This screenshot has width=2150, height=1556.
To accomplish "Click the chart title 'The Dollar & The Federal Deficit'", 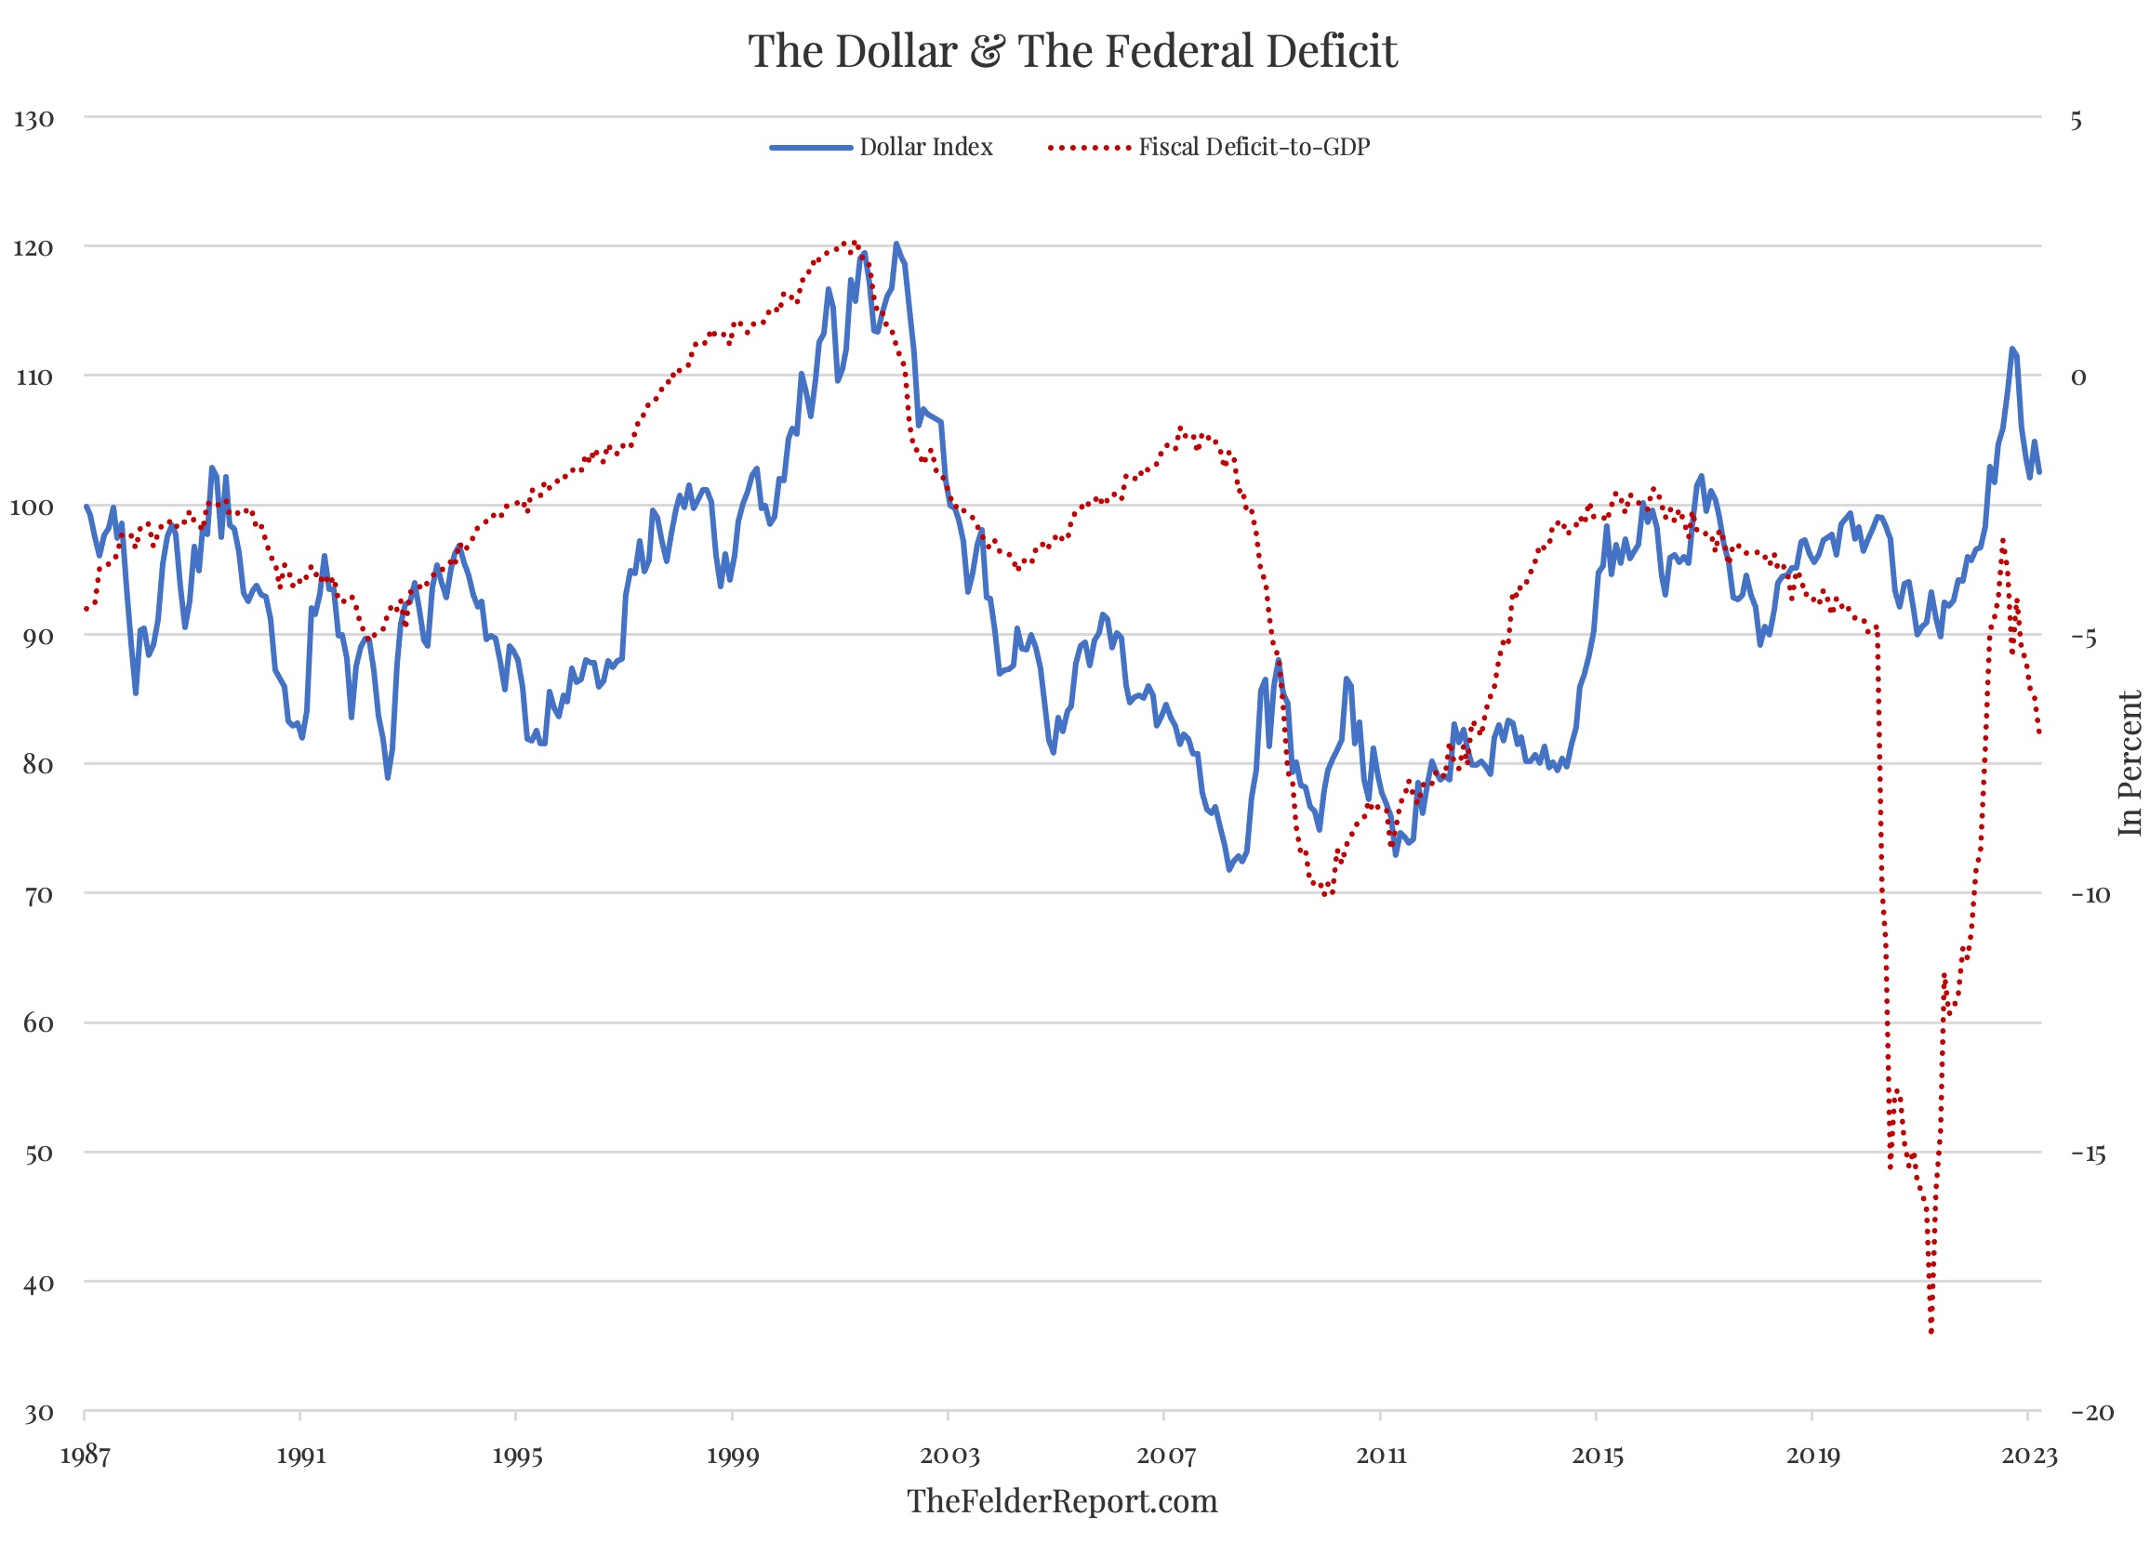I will click(1072, 50).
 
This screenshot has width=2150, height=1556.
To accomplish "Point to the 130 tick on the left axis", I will click(34, 119).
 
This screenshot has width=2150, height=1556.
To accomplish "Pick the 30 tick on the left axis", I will click(38, 1414).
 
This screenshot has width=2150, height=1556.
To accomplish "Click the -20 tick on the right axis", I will click(2090, 1413).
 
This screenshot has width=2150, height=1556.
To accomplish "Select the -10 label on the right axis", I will click(2090, 894).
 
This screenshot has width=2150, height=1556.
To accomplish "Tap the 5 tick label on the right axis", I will click(2076, 120).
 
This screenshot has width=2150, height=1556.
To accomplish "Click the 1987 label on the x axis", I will click(86, 1456).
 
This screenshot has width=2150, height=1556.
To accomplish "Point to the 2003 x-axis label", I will click(949, 1456).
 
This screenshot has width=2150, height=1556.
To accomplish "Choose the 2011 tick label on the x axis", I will click(1381, 1456).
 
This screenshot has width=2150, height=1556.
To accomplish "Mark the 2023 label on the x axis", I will click(2029, 1456).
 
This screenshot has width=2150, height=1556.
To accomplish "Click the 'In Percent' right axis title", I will click(2130, 764).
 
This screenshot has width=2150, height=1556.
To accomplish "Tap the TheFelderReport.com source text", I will click(1062, 1502).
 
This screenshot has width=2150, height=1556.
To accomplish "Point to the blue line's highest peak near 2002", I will click(896, 244).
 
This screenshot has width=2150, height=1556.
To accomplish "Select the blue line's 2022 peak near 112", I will click(2011, 349).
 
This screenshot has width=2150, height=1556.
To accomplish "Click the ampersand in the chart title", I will click(987, 51).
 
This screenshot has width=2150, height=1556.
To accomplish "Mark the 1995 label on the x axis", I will click(517, 1456).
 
